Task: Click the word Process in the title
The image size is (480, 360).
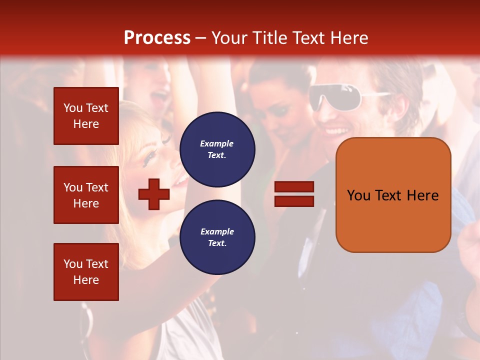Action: coord(157,38)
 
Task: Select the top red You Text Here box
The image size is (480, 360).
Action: coord(86,116)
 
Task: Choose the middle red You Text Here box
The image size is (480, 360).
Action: coord(86,195)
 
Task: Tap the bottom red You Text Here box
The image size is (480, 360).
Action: coord(86,272)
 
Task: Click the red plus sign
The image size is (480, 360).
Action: coord(154,193)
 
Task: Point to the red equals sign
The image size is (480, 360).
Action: coord(294,194)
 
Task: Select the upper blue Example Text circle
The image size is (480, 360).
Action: coord(217,149)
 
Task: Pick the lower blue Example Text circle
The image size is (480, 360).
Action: coord(217,237)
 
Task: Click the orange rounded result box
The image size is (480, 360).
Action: coord(393,195)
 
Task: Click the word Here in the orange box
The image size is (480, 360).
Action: coord(422,195)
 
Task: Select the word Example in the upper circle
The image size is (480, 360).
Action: coord(217,144)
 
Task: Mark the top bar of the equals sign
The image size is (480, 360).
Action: coord(294,187)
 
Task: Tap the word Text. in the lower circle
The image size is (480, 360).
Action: coord(217,243)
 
